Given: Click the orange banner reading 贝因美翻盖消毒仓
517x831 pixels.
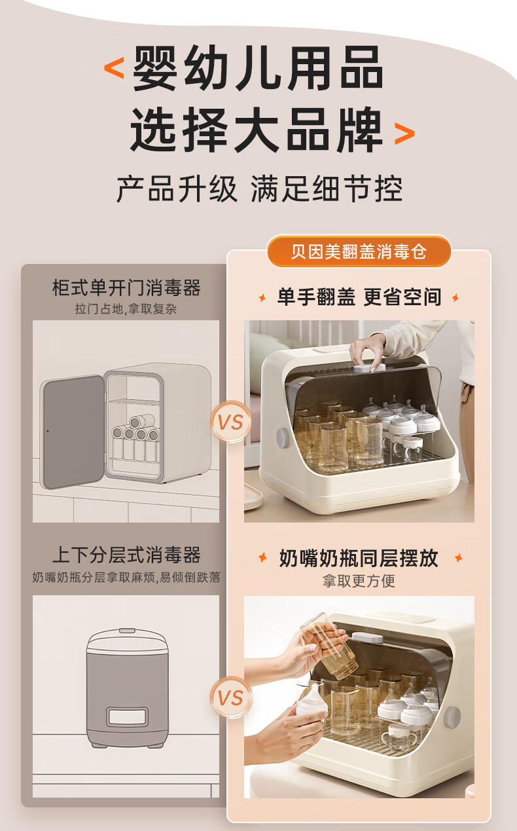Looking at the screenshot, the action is click(x=359, y=251).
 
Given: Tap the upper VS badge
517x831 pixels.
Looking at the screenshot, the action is click(x=230, y=422).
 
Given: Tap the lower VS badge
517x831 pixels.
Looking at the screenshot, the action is click(x=230, y=698).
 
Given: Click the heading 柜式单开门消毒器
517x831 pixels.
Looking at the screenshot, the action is click(x=126, y=288).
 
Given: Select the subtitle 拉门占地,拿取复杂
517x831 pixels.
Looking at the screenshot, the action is click(x=126, y=308).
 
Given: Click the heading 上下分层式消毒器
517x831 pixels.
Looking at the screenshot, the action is click(x=126, y=555).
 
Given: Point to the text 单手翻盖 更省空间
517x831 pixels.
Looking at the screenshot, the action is click(x=359, y=297).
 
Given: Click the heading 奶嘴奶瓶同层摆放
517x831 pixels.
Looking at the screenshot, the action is click(x=359, y=559).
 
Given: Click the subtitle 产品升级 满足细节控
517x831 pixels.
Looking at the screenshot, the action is click(x=260, y=189).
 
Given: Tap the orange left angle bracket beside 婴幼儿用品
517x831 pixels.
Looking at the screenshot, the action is click(x=114, y=68).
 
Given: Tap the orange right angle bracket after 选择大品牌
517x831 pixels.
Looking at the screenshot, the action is click(x=404, y=134).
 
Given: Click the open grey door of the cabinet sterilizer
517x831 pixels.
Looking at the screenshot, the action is click(x=73, y=432).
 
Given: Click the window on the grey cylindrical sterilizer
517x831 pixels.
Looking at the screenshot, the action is click(x=127, y=716).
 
